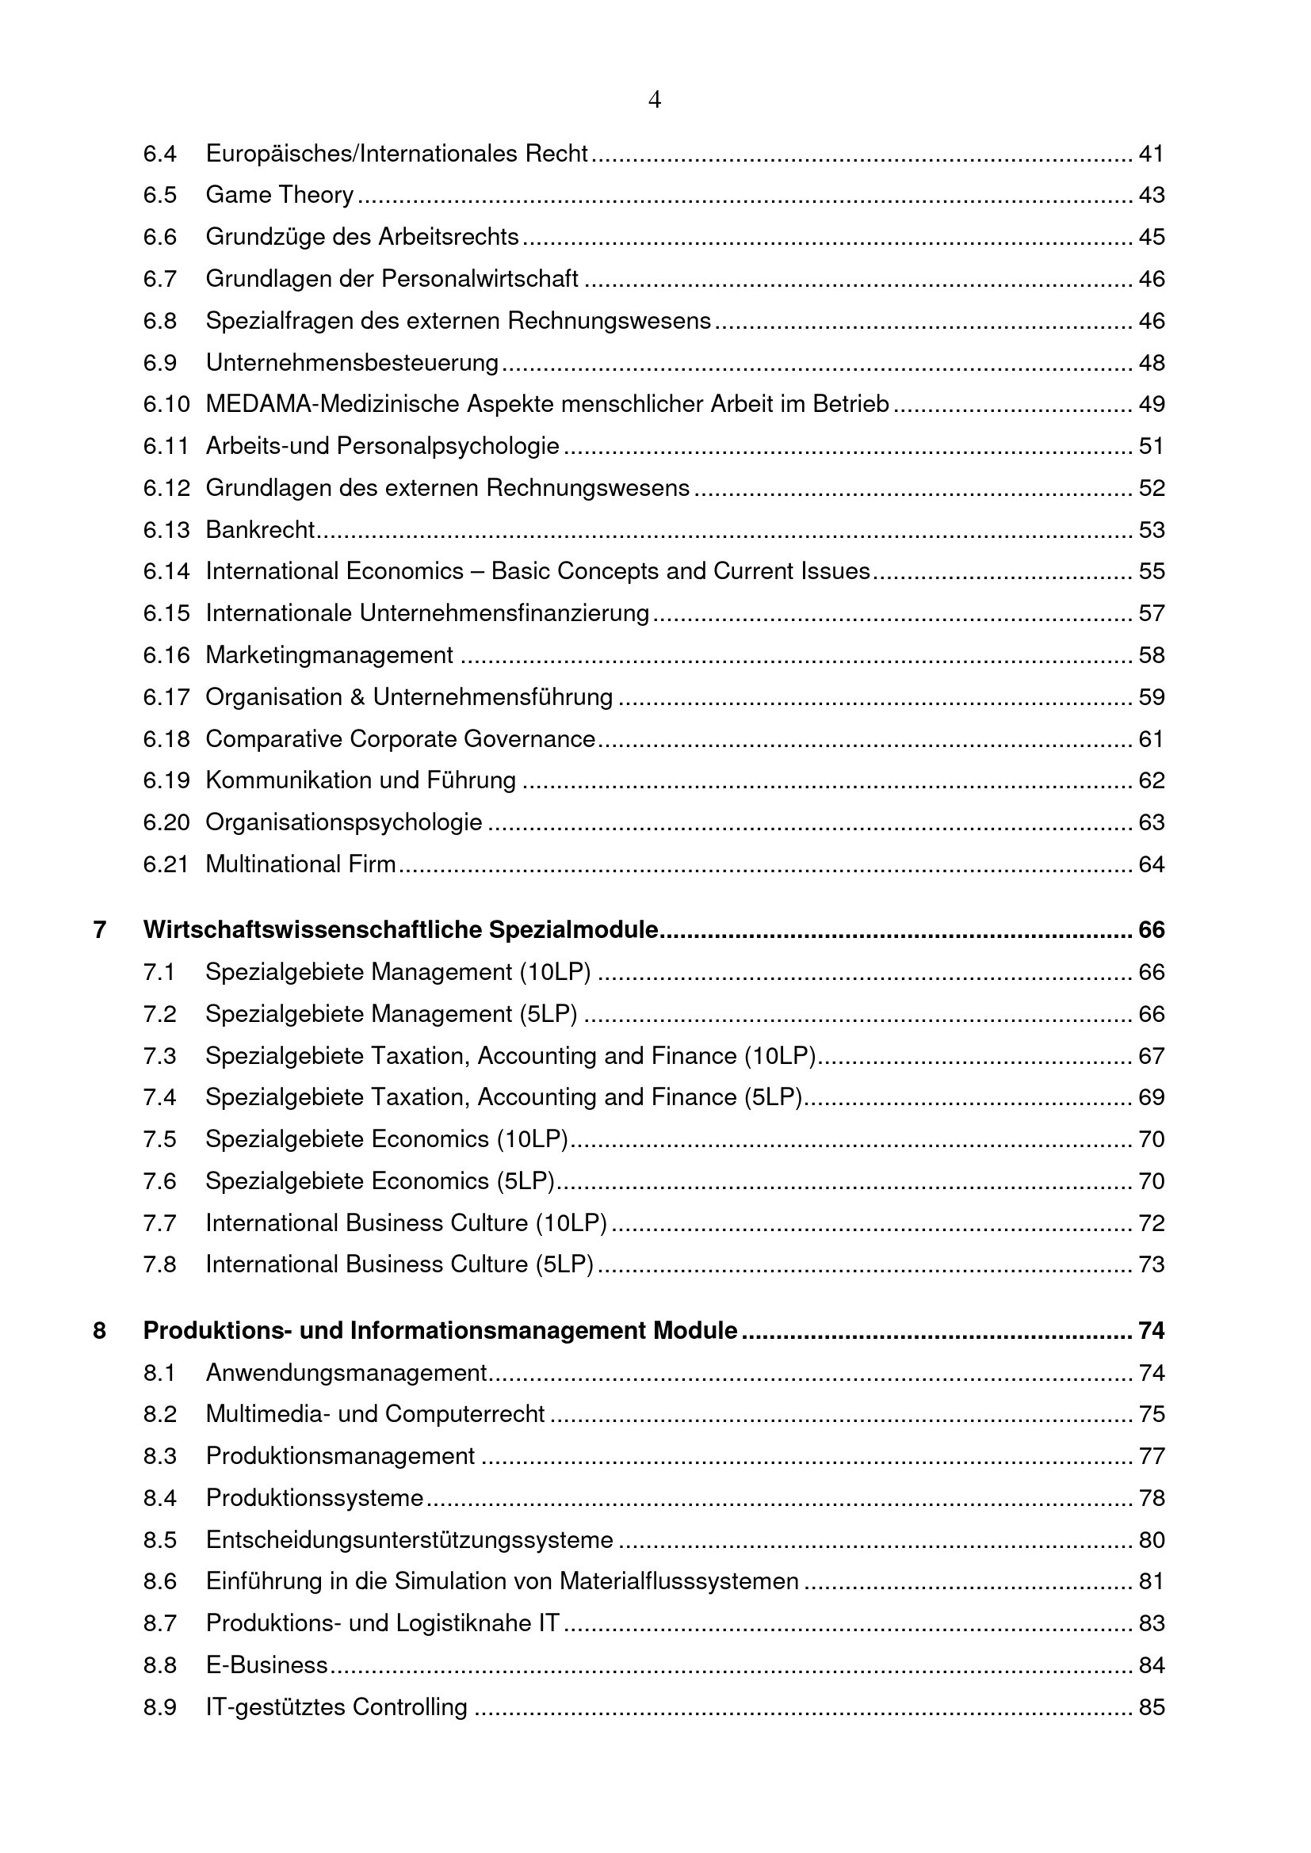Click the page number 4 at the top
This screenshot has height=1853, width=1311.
(655, 100)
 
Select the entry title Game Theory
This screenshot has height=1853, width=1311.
(279, 196)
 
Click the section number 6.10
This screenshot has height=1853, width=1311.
(166, 404)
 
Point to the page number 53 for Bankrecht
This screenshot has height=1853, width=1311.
(1151, 530)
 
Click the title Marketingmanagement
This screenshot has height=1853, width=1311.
(330, 655)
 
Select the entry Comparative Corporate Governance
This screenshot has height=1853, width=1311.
(400, 739)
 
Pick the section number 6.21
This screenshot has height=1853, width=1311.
(166, 864)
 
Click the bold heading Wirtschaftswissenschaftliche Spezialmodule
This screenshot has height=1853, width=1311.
(400, 931)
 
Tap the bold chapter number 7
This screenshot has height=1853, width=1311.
(100, 931)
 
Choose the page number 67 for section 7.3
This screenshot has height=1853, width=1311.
(1151, 1057)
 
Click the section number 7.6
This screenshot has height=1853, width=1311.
(160, 1181)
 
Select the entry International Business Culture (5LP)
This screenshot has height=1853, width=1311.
(399, 1264)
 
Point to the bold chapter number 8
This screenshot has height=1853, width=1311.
(100, 1331)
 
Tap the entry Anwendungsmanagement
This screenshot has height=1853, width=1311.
(346, 1373)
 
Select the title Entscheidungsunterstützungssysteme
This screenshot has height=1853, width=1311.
(409, 1540)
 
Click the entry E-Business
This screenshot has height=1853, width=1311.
(266, 1665)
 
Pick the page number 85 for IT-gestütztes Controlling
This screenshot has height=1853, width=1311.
(1151, 1707)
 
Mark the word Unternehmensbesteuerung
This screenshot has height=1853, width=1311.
(352, 363)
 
